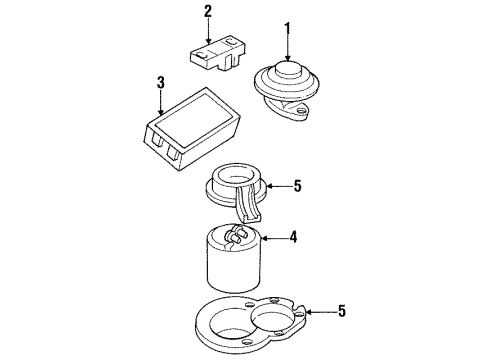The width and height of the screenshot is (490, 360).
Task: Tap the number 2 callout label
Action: [x=208, y=12]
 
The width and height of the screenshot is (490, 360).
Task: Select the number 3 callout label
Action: [x=159, y=82]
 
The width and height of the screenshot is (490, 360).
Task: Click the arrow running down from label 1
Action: [x=289, y=44]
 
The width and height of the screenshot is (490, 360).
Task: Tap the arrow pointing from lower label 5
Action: [x=320, y=312]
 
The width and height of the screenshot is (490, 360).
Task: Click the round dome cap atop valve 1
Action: [x=288, y=69]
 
